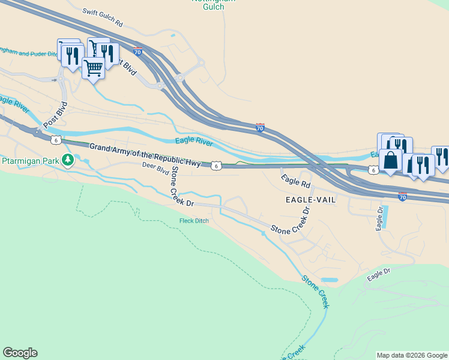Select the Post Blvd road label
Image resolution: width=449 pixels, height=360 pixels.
click(55, 115)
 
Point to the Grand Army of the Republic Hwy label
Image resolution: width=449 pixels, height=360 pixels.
click(145, 155)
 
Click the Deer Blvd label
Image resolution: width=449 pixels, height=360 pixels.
click(155, 168)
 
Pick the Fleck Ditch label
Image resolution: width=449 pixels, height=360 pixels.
click(194, 221)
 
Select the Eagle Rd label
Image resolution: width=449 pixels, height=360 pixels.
click(295, 179)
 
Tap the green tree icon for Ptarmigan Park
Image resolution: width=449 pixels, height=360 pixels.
click(69, 160)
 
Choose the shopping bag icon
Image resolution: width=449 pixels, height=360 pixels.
click(391, 160)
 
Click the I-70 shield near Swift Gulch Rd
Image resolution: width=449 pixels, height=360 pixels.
click(137, 52)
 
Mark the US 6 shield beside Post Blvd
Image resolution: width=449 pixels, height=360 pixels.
click(55, 140)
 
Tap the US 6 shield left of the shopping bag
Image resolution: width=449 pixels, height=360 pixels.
click(373, 170)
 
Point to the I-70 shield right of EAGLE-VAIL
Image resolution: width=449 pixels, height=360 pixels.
click(402, 196)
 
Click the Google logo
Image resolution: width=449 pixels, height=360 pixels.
click(20, 353)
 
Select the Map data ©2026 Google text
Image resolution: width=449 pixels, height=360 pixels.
click(411, 355)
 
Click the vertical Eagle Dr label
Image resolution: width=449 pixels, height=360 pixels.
click(379, 219)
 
